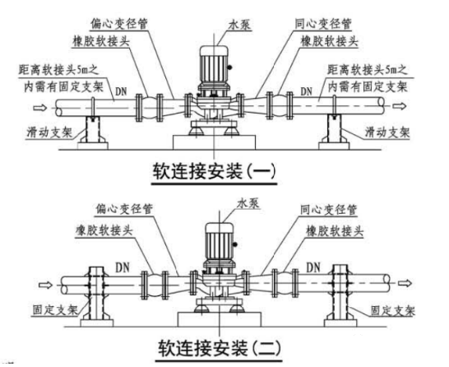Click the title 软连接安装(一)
click(x=214, y=172)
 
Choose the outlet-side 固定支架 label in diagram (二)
click(x=392, y=310)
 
